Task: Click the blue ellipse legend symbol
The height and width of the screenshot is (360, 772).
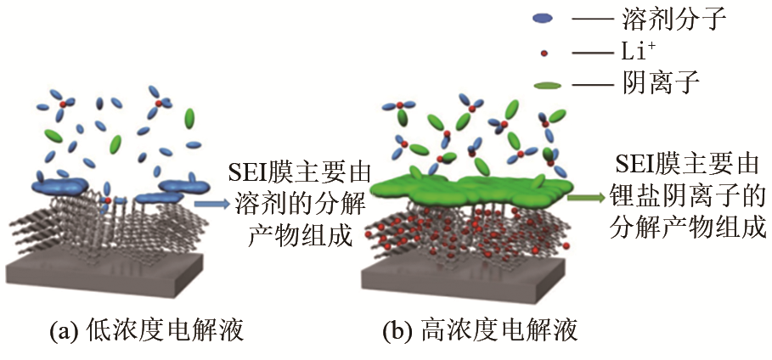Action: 543,19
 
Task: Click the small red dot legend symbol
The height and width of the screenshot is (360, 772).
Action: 544,53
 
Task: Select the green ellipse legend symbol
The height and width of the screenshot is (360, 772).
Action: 547,86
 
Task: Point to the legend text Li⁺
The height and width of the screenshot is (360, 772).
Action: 639,52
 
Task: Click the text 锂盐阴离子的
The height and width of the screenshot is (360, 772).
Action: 687,198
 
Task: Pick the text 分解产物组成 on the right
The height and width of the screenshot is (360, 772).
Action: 687,228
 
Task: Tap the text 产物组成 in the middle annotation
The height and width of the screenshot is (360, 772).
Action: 301,237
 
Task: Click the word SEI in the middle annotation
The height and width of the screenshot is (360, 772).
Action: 250,174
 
